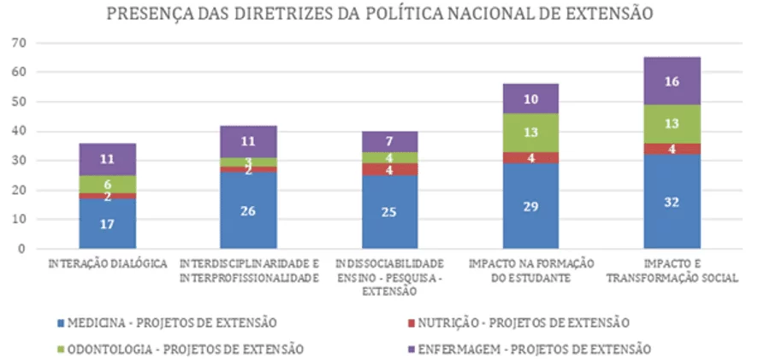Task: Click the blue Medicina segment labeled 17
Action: tap(108, 223)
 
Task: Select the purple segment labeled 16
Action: tap(672, 81)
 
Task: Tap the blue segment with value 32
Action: tap(672, 201)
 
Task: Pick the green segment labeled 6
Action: tap(108, 184)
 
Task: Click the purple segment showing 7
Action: tap(390, 142)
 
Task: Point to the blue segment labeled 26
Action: tap(248, 210)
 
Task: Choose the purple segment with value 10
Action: tap(530, 98)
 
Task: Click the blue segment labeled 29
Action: tap(530, 206)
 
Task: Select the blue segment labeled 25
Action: tap(390, 212)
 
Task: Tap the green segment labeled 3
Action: tap(248, 162)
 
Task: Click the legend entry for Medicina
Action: tap(167, 323)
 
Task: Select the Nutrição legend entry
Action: tap(518, 323)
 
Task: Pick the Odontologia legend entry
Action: tap(181, 349)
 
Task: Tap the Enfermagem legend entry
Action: tap(530, 349)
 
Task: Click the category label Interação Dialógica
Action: tap(108, 263)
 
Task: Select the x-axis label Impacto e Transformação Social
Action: tap(672, 270)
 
